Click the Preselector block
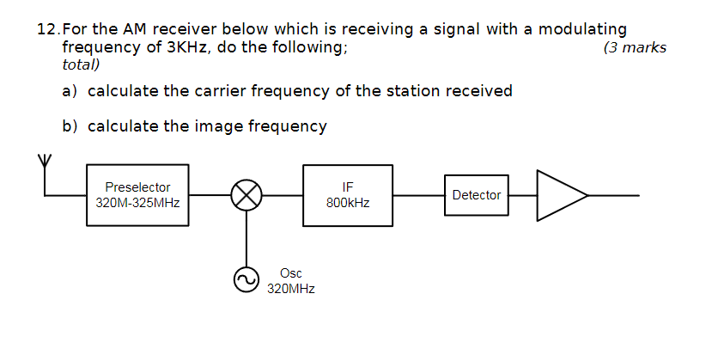click(137, 195)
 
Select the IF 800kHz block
click(348, 195)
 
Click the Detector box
click(476, 195)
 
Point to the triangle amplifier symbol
click(558, 195)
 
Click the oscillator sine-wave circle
click(247, 279)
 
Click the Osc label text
click(290, 273)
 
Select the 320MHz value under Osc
click(290, 289)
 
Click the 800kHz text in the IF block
click(348, 203)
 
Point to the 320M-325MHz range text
click(137, 203)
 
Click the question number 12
click(49, 29)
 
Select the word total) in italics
click(82, 64)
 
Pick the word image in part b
click(219, 126)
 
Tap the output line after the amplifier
click(614, 195)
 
